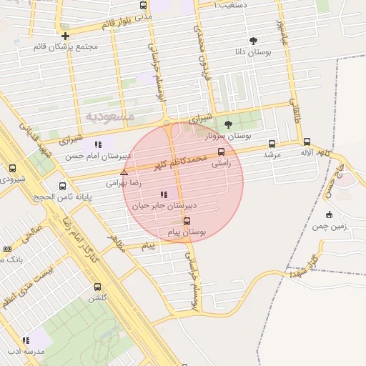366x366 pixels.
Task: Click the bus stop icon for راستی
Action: point(221,152)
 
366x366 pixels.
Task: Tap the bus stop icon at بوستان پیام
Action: point(187,221)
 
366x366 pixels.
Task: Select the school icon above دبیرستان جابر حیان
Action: point(164,194)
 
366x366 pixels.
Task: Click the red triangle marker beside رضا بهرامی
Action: point(124,172)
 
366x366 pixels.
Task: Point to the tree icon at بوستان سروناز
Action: point(228,124)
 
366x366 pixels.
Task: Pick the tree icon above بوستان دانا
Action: point(253,41)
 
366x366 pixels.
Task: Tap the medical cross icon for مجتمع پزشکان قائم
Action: point(65,36)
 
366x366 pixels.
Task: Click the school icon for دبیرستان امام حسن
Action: point(98,144)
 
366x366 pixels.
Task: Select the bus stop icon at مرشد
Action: point(272,143)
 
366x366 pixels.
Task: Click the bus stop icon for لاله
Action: point(307,142)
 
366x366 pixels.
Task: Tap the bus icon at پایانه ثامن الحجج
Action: point(63,186)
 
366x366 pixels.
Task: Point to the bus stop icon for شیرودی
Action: point(12,168)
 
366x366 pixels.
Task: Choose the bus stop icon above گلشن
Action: point(97,287)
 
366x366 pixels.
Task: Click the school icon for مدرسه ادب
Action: point(26,341)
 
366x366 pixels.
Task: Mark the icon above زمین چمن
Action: point(329,214)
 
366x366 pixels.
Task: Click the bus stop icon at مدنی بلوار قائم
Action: point(144,6)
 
